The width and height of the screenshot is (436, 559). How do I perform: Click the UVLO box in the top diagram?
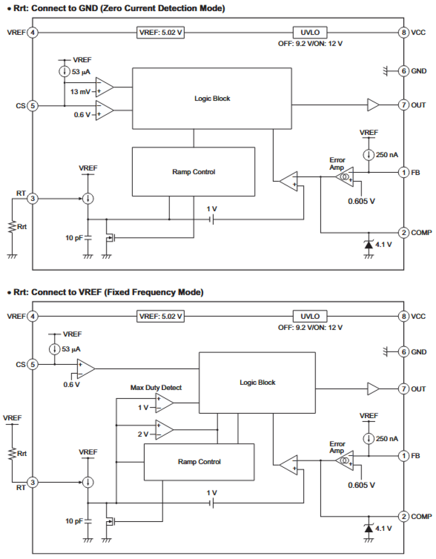(x=310, y=33)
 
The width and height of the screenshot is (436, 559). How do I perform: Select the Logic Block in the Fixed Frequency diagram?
(x=257, y=382)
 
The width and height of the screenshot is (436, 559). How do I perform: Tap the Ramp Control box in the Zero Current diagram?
(x=193, y=172)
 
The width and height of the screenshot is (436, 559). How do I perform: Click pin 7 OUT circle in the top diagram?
(x=404, y=105)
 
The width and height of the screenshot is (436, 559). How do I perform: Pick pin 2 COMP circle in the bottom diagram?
(x=404, y=516)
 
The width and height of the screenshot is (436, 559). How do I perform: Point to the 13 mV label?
(x=80, y=92)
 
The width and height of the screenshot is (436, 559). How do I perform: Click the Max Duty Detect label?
(x=156, y=388)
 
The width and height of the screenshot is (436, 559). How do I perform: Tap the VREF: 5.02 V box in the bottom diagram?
(x=160, y=316)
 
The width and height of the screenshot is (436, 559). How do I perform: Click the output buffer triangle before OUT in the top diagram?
(x=373, y=105)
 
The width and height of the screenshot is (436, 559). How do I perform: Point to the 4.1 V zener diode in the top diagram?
(x=369, y=245)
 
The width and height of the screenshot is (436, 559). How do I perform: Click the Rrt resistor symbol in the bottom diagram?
(x=12, y=454)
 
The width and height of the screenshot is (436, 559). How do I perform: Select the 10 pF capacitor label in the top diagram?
(x=74, y=238)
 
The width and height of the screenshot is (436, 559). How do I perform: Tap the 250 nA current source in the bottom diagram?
(x=369, y=439)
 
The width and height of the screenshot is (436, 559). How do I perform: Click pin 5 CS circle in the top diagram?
(x=33, y=105)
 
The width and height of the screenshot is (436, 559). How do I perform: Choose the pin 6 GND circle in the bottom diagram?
(x=404, y=352)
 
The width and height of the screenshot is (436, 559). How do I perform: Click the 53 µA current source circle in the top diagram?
(x=64, y=72)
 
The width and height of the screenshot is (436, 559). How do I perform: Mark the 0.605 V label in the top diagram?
(x=361, y=201)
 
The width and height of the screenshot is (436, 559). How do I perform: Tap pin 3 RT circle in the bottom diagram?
(x=33, y=482)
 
